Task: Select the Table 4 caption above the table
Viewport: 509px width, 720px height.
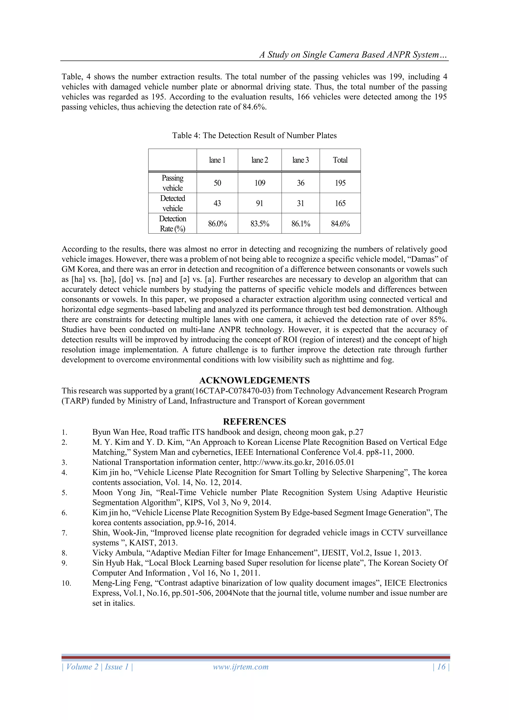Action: (x=254, y=136)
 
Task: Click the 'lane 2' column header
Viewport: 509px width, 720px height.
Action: (x=259, y=160)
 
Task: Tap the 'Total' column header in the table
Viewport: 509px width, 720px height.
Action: (x=340, y=160)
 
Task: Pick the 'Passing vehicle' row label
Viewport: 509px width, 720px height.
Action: (x=172, y=183)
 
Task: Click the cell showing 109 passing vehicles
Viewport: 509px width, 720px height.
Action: (x=259, y=183)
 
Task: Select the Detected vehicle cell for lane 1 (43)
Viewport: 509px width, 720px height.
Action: (x=217, y=203)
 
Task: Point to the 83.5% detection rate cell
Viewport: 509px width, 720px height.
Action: (x=259, y=224)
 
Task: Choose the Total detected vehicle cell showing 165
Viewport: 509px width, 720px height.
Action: (x=340, y=203)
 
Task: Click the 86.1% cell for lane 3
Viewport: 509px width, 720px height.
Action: (x=300, y=224)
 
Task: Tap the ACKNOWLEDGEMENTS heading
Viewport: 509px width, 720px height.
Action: (x=254, y=380)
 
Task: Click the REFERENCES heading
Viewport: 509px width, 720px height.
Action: (x=254, y=422)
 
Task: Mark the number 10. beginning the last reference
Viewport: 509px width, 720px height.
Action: (x=66, y=583)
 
